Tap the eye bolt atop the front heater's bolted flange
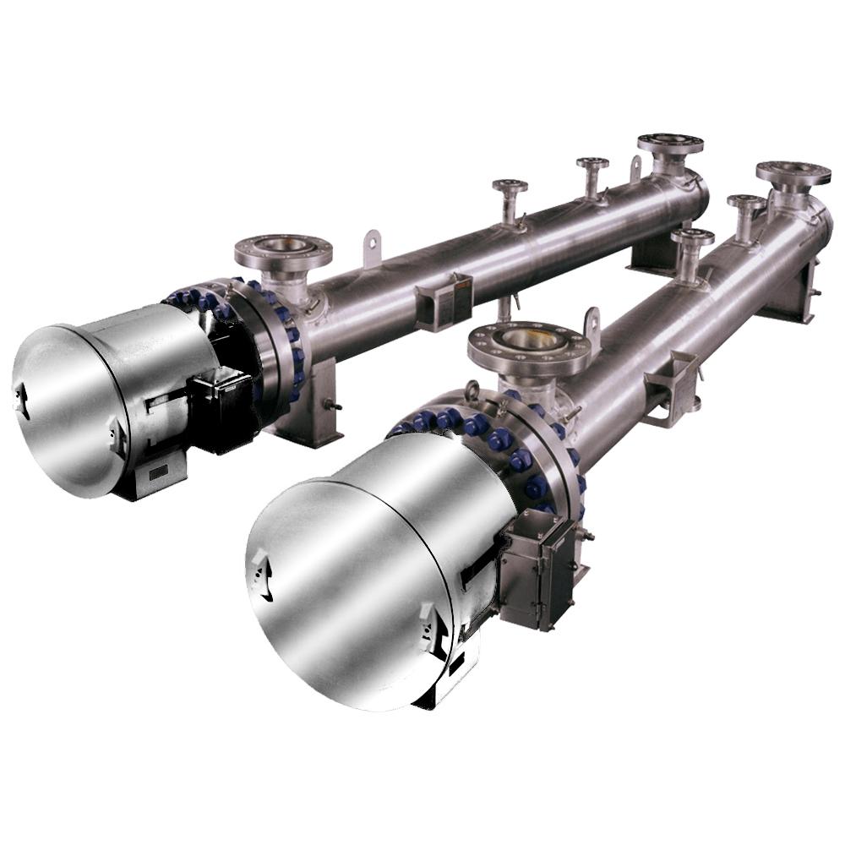472,391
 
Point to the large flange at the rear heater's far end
669,144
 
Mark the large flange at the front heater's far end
792,173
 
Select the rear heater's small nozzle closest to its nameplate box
510,199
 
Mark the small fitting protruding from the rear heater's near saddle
335,406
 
